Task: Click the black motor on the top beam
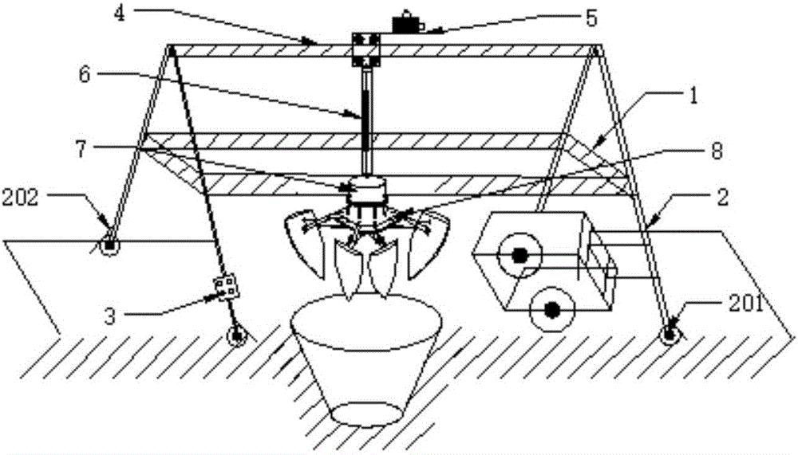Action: pyautogui.click(x=409, y=22)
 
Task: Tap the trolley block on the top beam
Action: pyautogui.click(x=367, y=47)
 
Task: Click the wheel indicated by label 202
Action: pyautogui.click(x=109, y=245)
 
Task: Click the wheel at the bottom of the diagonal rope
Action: pyautogui.click(x=237, y=335)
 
